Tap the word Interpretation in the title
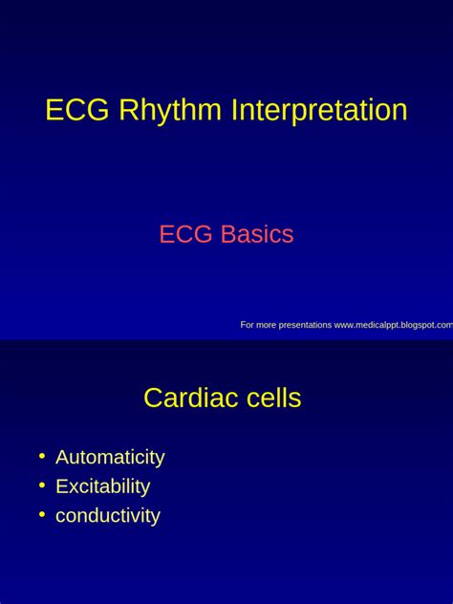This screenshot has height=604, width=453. point(319,112)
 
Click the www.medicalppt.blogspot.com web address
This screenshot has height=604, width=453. point(394,325)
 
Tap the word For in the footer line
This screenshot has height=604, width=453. point(247,325)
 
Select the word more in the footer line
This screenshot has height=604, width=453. point(266,325)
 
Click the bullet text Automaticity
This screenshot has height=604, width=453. point(110,458)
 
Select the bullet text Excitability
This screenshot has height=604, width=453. point(102,486)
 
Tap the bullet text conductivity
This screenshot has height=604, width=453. point(107,516)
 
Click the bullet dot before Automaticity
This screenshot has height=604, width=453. point(42,457)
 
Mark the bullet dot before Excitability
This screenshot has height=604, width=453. point(42,485)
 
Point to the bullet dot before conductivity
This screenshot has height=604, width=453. point(42,515)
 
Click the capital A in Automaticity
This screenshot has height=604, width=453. point(62,458)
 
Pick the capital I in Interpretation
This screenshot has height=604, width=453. point(234,111)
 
